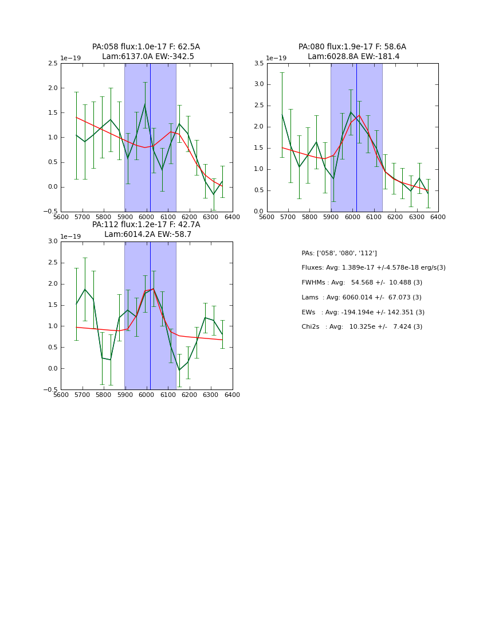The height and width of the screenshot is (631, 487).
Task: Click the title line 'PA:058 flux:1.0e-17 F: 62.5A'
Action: tap(146, 47)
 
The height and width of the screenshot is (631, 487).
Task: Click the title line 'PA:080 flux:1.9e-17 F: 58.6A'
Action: tap(352, 47)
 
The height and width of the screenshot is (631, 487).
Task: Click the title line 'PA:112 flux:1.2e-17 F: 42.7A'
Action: tap(146, 225)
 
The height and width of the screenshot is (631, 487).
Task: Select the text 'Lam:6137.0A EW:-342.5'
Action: tap(148, 57)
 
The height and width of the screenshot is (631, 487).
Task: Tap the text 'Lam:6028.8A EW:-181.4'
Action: tap(354, 57)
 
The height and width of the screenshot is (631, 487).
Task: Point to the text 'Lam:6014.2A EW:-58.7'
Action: tap(148, 235)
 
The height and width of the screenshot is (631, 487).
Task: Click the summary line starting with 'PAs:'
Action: tap(339, 253)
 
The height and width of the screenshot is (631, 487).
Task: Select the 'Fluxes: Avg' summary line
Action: tap(373, 268)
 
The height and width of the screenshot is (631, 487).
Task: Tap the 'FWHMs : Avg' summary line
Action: tap(362, 283)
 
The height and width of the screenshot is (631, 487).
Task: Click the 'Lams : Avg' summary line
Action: tap(362, 298)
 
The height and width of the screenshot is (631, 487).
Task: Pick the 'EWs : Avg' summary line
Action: tap(363, 313)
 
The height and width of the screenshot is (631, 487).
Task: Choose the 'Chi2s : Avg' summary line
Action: tap(362, 327)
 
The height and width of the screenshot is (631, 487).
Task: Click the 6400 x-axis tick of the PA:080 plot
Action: tap(438, 217)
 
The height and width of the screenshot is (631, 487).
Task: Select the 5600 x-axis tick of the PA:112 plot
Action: tap(61, 395)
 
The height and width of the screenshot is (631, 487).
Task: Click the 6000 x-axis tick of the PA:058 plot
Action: tap(147, 217)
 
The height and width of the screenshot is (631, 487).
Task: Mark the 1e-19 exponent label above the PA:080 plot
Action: tap(276, 58)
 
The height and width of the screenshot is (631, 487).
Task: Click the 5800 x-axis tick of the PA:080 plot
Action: tap(309, 217)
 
